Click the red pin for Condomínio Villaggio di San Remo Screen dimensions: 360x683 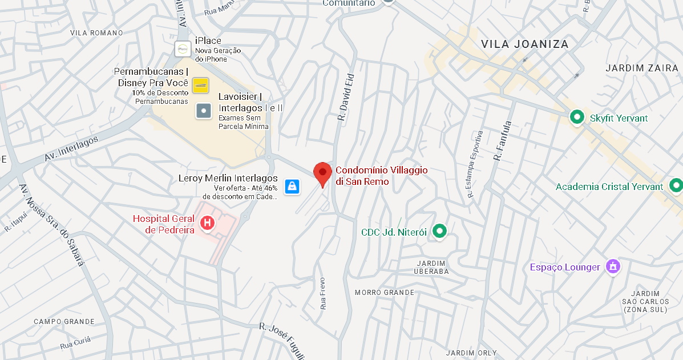(x=322, y=173)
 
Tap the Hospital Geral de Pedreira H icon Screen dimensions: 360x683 (x=208, y=223)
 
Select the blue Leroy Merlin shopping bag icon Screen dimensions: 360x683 (x=292, y=186)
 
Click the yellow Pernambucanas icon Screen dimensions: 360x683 (x=200, y=86)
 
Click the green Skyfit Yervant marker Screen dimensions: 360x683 (x=577, y=118)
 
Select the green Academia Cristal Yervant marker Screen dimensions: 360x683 (x=676, y=186)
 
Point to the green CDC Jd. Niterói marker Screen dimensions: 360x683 (x=439, y=231)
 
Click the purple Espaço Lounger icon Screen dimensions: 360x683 (x=613, y=266)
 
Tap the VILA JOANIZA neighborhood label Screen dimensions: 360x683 (x=524, y=44)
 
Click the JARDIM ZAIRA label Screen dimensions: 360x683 (x=642, y=68)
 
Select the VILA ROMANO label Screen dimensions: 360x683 (x=96, y=33)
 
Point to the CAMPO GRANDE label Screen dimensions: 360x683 (x=64, y=322)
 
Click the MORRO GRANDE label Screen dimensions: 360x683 (x=385, y=293)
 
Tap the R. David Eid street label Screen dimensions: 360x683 (x=346, y=98)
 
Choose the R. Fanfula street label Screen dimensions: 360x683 (x=503, y=140)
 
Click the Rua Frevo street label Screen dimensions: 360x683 (x=324, y=293)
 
